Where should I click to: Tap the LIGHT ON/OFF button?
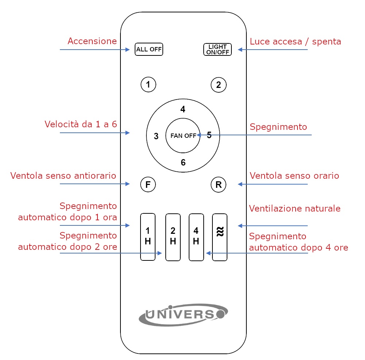click(x=218, y=49)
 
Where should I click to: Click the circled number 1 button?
click(x=148, y=84)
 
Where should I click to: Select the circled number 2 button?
click(x=218, y=85)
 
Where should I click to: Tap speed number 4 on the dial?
click(x=183, y=109)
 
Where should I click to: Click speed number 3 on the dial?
click(x=156, y=136)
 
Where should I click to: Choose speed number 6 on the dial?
click(x=183, y=162)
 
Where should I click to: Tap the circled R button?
click(x=218, y=185)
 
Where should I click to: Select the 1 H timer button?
click(x=148, y=237)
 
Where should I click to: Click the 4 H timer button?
click(x=196, y=237)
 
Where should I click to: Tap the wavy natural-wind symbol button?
click(x=220, y=237)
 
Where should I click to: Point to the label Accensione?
click(x=92, y=41)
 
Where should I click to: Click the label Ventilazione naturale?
click(x=295, y=208)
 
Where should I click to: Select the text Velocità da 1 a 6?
click(x=81, y=124)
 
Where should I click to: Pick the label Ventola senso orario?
click(x=294, y=175)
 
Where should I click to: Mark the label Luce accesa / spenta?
click(x=295, y=42)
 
